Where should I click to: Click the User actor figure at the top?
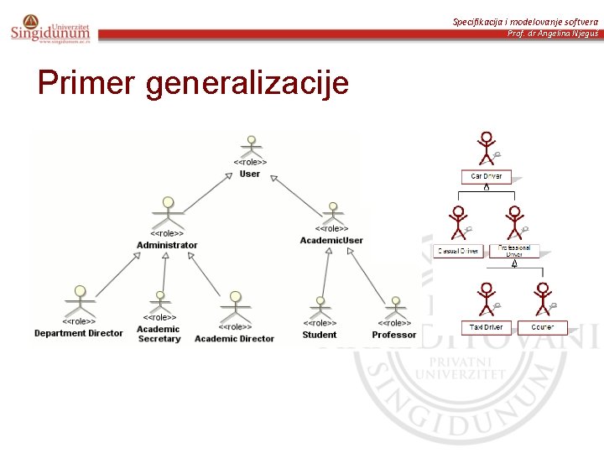click(x=249, y=146)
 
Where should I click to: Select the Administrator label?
click(x=167, y=245)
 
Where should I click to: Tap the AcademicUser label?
click(x=331, y=240)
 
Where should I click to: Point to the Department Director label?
click(x=78, y=333)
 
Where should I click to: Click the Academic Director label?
click(x=234, y=338)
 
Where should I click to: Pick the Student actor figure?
click(x=320, y=305)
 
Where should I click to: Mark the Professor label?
click(x=394, y=335)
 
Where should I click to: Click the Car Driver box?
click(x=486, y=176)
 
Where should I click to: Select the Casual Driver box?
click(x=457, y=251)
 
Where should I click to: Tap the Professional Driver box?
click(x=514, y=251)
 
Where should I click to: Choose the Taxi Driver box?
click(x=486, y=327)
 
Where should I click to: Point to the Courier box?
click(x=542, y=327)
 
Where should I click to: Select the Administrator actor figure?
click(x=168, y=212)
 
